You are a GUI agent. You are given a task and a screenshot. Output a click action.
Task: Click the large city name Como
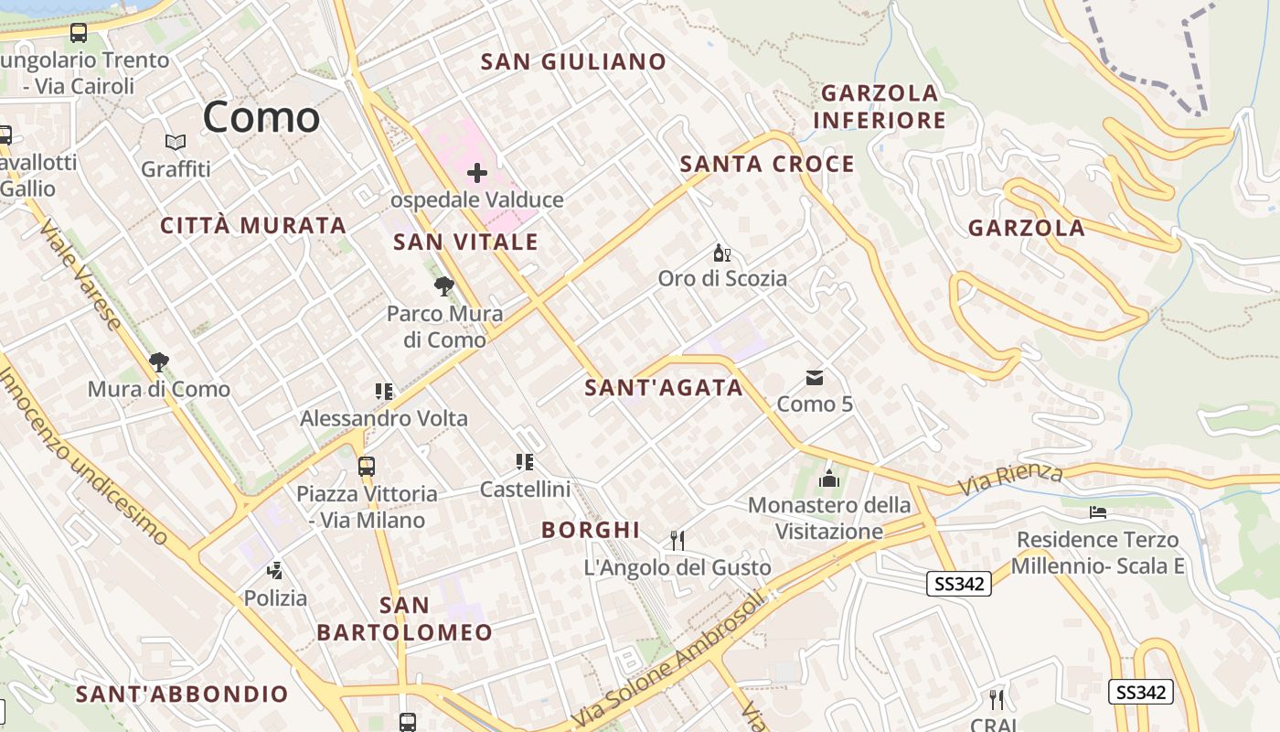point(261,117)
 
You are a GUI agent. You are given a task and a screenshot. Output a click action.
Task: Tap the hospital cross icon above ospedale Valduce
point(477,172)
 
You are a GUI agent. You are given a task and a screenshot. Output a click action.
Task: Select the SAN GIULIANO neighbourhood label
point(574,62)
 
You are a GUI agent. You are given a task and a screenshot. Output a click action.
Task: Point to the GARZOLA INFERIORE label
point(880,106)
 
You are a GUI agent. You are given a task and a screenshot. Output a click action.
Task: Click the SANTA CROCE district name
point(767,165)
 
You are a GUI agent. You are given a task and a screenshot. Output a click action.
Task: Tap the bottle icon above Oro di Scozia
point(722,253)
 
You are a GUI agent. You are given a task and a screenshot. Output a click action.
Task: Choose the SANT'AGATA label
point(664,388)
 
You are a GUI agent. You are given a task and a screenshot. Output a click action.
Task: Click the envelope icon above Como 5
point(815,378)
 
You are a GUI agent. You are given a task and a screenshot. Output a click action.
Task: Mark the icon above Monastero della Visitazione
point(829,478)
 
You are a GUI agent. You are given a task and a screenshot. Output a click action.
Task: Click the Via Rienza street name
point(1011,479)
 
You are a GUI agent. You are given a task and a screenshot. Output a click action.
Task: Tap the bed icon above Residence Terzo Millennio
point(1098,512)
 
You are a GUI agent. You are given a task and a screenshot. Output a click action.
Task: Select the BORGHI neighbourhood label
point(591,530)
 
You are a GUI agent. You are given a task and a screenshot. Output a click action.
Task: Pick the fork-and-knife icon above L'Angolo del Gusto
point(677,541)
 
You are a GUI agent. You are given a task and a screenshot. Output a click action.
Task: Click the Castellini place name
point(525,490)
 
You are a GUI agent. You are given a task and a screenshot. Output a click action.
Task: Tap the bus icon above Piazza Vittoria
point(367,467)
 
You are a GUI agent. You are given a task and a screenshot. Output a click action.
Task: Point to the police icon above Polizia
point(275,572)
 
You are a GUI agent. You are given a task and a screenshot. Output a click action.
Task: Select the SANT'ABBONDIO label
point(182,694)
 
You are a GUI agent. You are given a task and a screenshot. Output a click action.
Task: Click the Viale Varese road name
point(80,274)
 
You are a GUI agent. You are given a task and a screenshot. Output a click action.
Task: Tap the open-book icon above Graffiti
point(176,143)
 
